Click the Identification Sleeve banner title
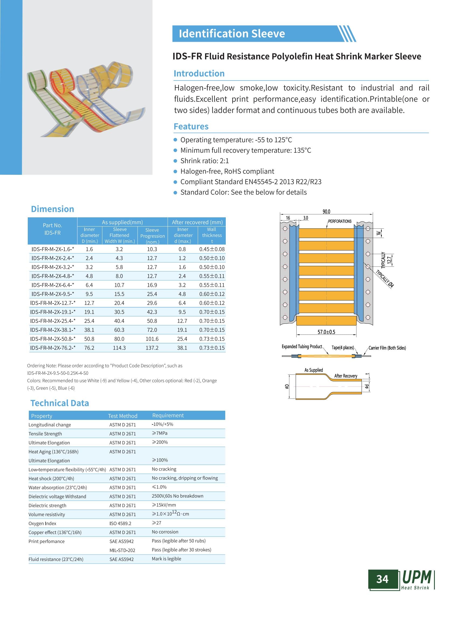click(x=232, y=34)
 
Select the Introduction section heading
click(x=199, y=74)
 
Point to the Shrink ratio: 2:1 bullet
click(x=204, y=161)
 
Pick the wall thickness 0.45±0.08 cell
click(x=212, y=249)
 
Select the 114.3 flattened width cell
click(x=119, y=348)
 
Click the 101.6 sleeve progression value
click(x=152, y=339)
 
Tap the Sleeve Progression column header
click(x=152, y=236)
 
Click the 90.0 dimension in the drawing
click(x=326, y=212)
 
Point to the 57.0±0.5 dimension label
click(x=326, y=332)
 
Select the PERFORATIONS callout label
click(x=340, y=221)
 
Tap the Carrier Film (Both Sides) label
click(x=387, y=348)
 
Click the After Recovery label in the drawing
click(x=346, y=376)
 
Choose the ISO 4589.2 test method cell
click(x=120, y=523)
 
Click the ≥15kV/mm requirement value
click(x=164, y=505)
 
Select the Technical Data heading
click(x=60, y=403)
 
